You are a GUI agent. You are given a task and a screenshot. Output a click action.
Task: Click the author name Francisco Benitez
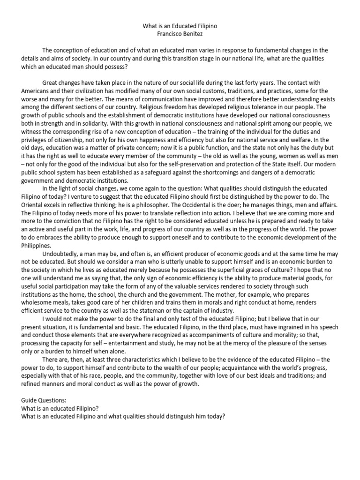pyautogui.click(x=180, y=34)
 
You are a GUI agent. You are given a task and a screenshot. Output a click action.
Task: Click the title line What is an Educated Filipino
pyautogui.click(x=180, y=27)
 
